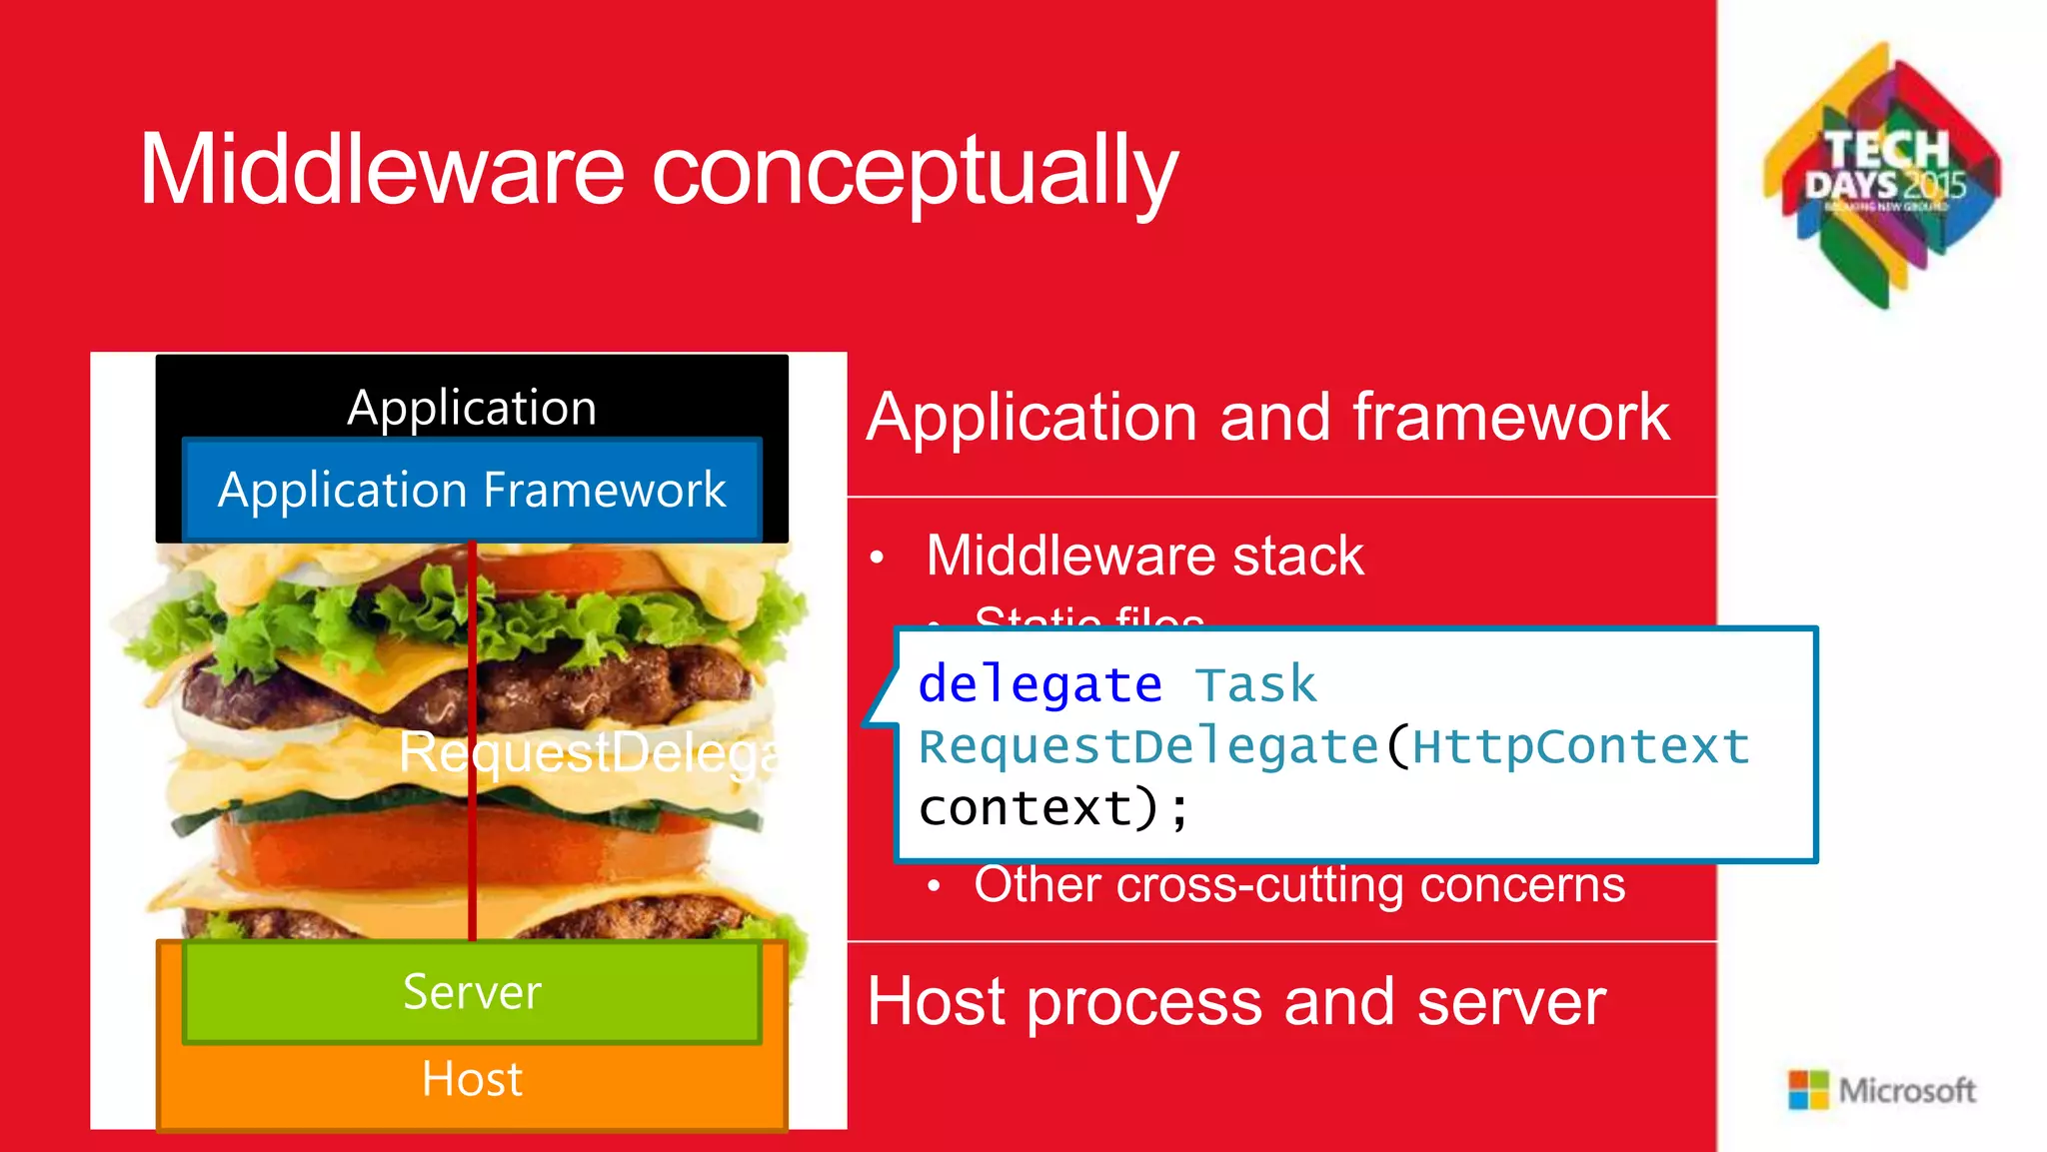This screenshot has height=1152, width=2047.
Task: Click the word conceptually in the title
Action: tap(915, 172)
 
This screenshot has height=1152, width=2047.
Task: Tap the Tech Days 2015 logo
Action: tap(1884, 175)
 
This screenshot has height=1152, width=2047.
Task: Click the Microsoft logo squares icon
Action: tap(1808, 1090)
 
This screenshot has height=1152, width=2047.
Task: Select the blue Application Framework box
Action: tap(472, 491)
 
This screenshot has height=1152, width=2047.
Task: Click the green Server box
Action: tap(472, 992)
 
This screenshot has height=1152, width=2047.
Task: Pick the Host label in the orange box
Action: tap(472, 1079)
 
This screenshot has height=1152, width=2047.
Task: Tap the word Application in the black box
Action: tap(472, 408)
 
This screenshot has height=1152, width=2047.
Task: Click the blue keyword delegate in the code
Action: tap(1039, 685)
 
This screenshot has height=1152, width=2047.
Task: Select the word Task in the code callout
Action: tap(1255, 685)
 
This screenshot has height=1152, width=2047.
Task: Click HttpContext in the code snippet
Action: tap(1581, 747)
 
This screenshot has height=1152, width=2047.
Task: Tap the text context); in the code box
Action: tap(1053, 808)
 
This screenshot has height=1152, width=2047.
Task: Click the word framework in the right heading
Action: tap(1510, 417)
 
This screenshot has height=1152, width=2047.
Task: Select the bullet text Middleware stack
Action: tap(1143, 556)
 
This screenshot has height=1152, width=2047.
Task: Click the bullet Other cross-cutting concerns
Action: tap(1298, 885)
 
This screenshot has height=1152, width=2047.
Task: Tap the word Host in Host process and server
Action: tap(936, 1001)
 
